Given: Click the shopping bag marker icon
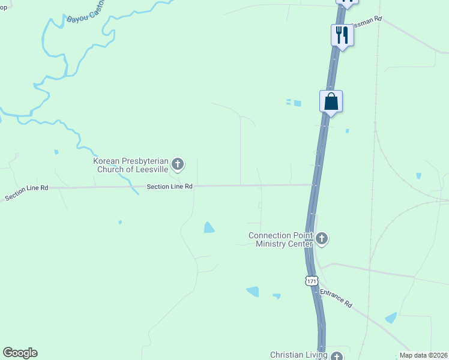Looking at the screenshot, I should click(x=331, y=101).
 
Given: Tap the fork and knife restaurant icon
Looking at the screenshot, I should click(x=342, y=35).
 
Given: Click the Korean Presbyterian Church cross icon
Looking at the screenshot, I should click(x=178, y=163).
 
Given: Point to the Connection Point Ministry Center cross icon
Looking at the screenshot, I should click(x=322, y=239).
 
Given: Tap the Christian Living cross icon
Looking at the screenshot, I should click(x=336, y=356).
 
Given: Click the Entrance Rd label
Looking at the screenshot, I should click(x=336, y=298).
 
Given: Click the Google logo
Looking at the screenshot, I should click(x=20, y=353).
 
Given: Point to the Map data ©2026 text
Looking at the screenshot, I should click(x=424, y=355).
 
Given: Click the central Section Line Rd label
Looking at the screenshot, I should click(x=169, y=187).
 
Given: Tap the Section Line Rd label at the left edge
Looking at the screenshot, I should click(x=26, y=193).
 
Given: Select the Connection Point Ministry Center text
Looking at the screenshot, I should click(x=281, y=239).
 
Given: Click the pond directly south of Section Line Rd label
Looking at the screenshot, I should click(x=209, y=227).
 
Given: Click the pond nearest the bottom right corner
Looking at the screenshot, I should click(x=391, y=317).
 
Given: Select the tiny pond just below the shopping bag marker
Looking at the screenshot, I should click(x=347, y=130).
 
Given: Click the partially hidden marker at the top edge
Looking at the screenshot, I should click(x=346, y=2).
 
